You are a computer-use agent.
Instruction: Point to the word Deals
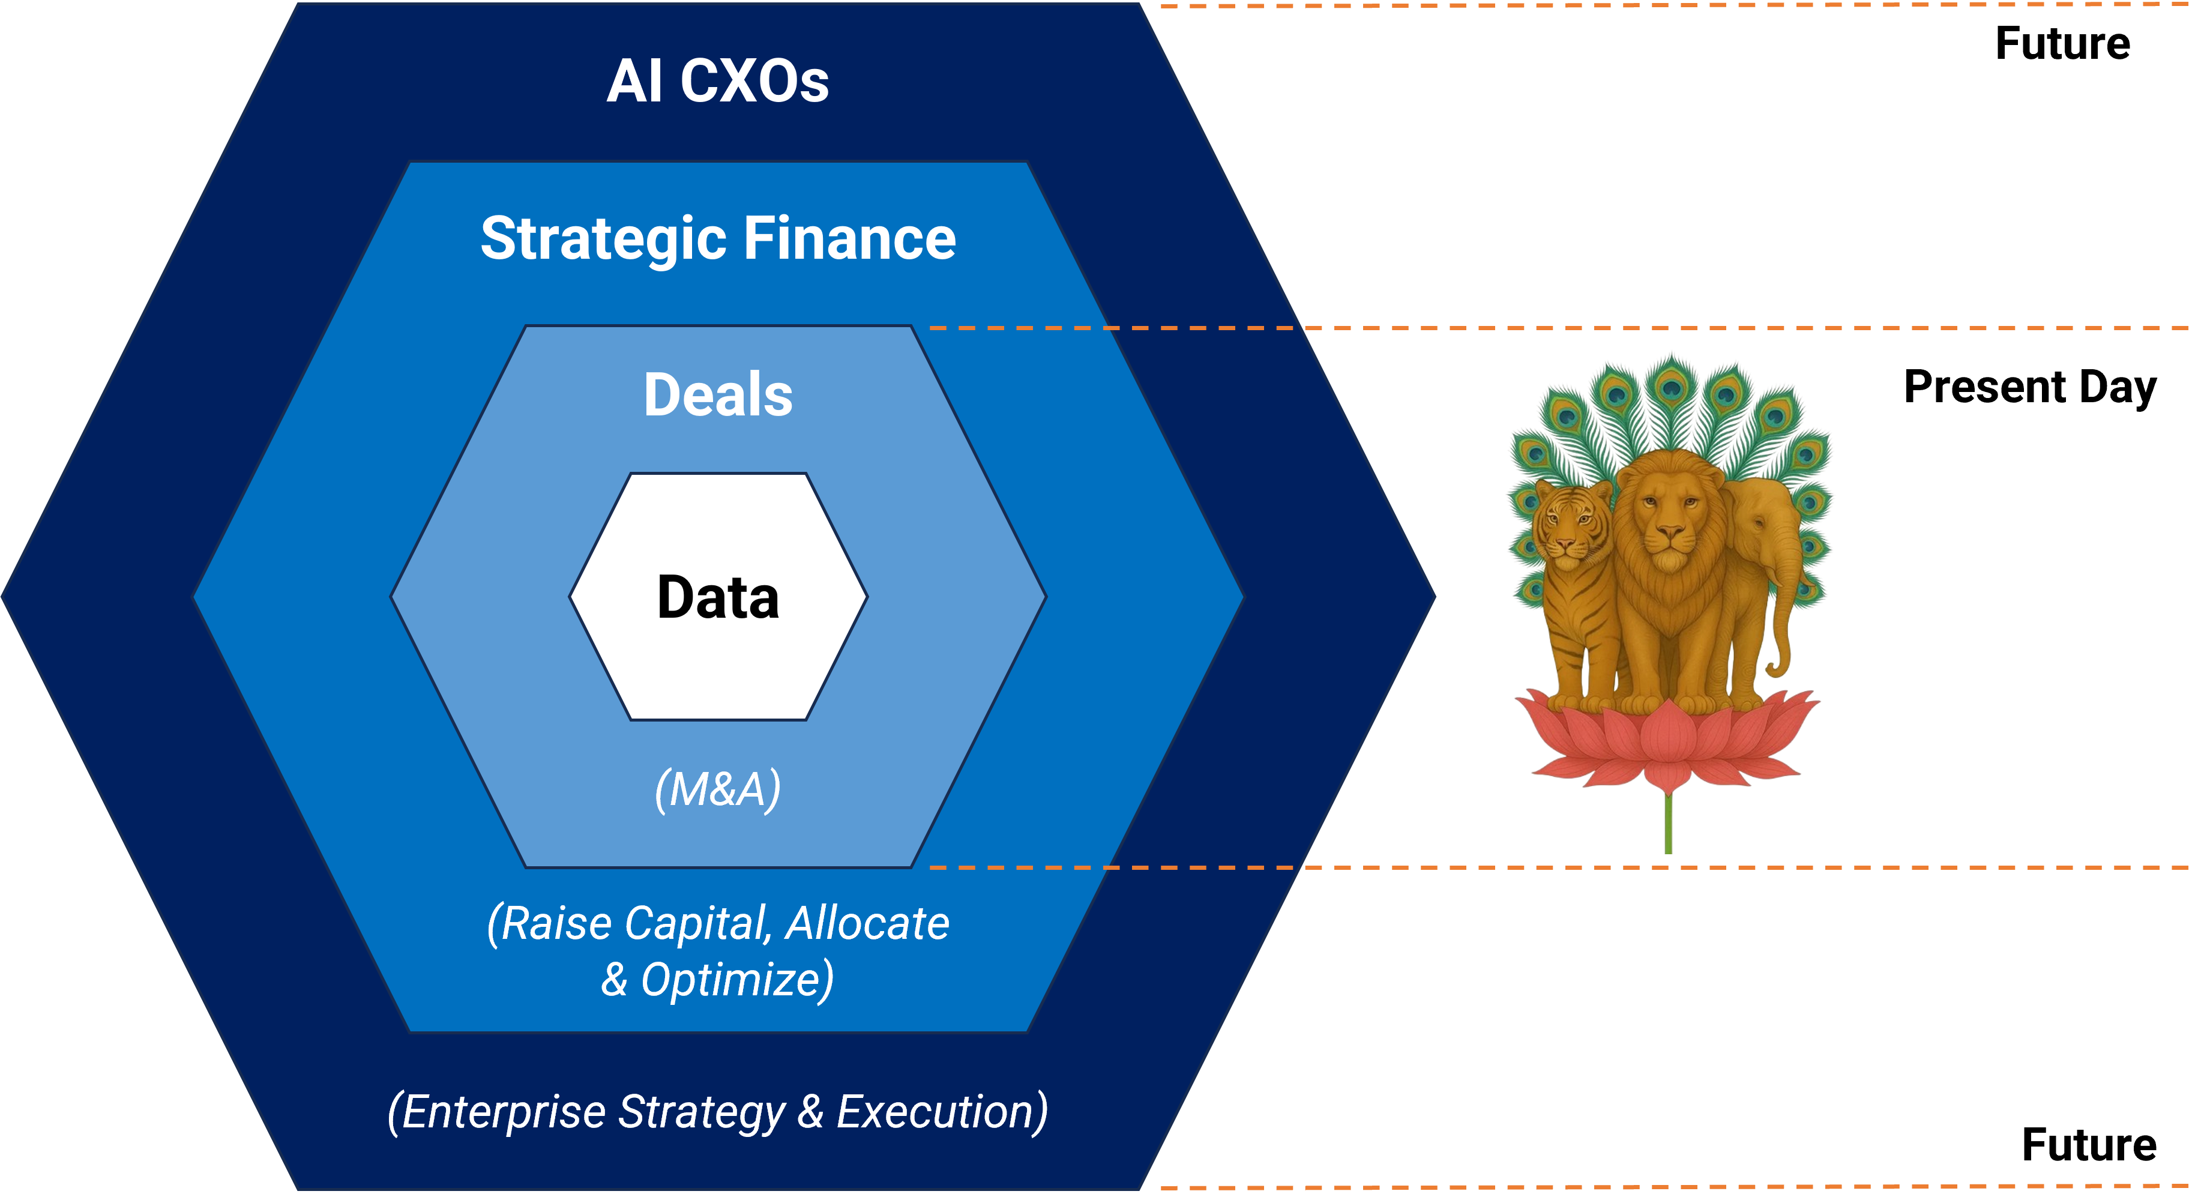coord(718,395)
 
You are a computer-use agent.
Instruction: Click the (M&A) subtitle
coord(718,789)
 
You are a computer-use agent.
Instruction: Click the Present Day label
coord(2030,388)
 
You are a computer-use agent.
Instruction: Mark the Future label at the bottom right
coord(2089,1145)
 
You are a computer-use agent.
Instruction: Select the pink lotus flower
coord(1668,740)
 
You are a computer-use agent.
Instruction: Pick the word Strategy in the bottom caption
coord(702,1114)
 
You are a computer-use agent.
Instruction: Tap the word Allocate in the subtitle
coord(867,924)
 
